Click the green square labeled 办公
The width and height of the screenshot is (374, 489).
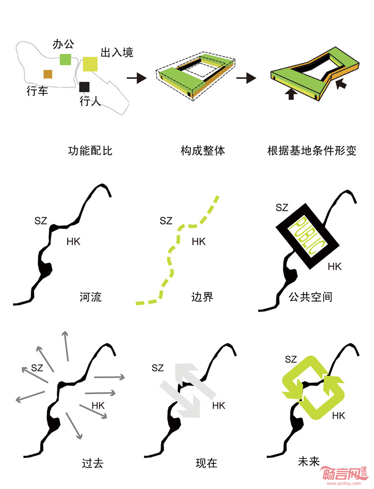coord(65,59)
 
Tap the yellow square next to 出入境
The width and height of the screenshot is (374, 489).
coord(90,64)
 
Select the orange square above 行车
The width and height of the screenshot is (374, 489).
coord(48,74)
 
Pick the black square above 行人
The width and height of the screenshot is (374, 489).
coord(84,87)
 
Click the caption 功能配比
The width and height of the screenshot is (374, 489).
coord(90,151)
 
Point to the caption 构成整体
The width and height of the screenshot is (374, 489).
coord(203,151)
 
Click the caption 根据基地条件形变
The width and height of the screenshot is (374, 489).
coord(312,151)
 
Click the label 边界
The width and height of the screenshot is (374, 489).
coord(202,297)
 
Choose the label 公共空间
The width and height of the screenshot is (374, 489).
coord(310,297)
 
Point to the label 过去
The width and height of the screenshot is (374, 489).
coord(92,463)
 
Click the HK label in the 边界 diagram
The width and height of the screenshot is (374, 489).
coord(198,242)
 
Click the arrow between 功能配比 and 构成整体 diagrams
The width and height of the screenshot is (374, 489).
coord(136,78)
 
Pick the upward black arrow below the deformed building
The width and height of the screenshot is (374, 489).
coord(291,94)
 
